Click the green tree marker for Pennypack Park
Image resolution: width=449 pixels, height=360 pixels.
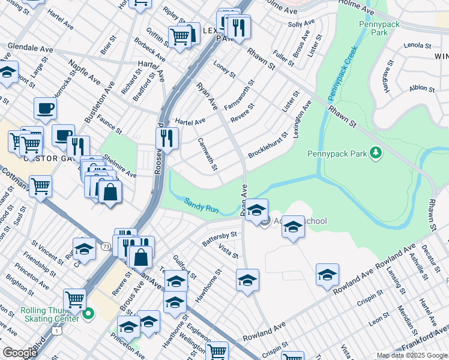(376, 154)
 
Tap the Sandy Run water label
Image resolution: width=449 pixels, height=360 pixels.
(201, 206)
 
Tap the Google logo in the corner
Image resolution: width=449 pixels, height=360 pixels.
(19, 353)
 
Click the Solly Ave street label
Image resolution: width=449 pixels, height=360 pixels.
(301, 24)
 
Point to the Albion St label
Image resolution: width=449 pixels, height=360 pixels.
(422, 88)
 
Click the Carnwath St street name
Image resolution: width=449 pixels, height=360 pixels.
(207, 154)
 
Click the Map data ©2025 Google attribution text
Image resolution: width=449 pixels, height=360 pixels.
(411, 355)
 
